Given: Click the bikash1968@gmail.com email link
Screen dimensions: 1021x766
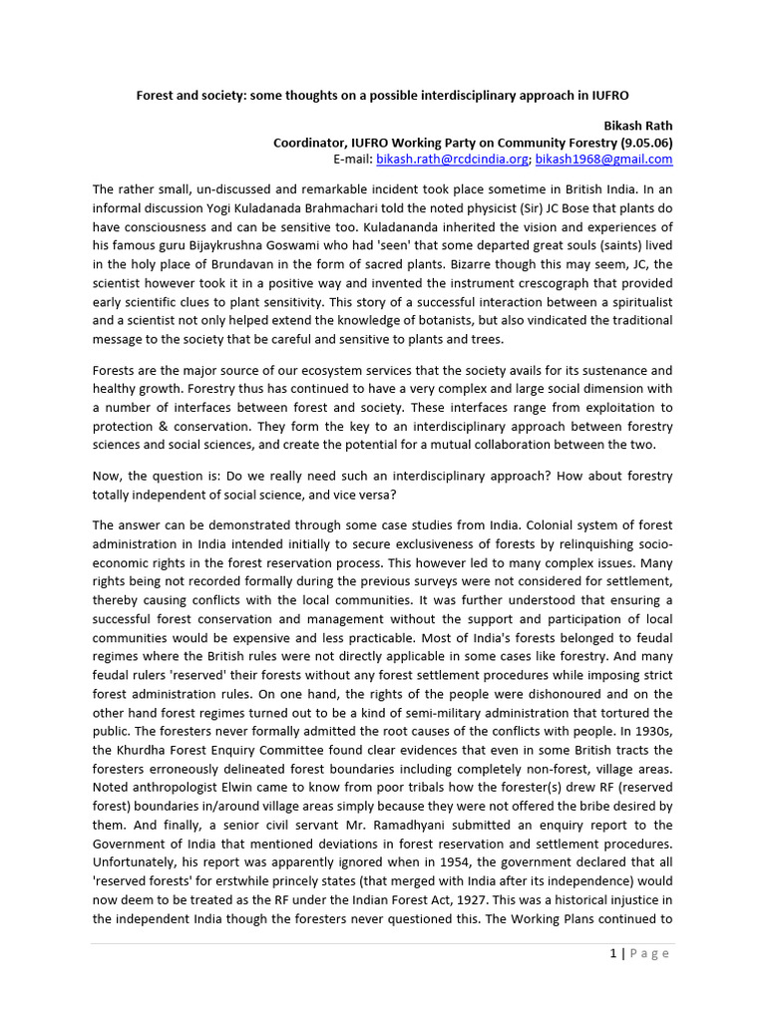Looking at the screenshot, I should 603,160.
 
